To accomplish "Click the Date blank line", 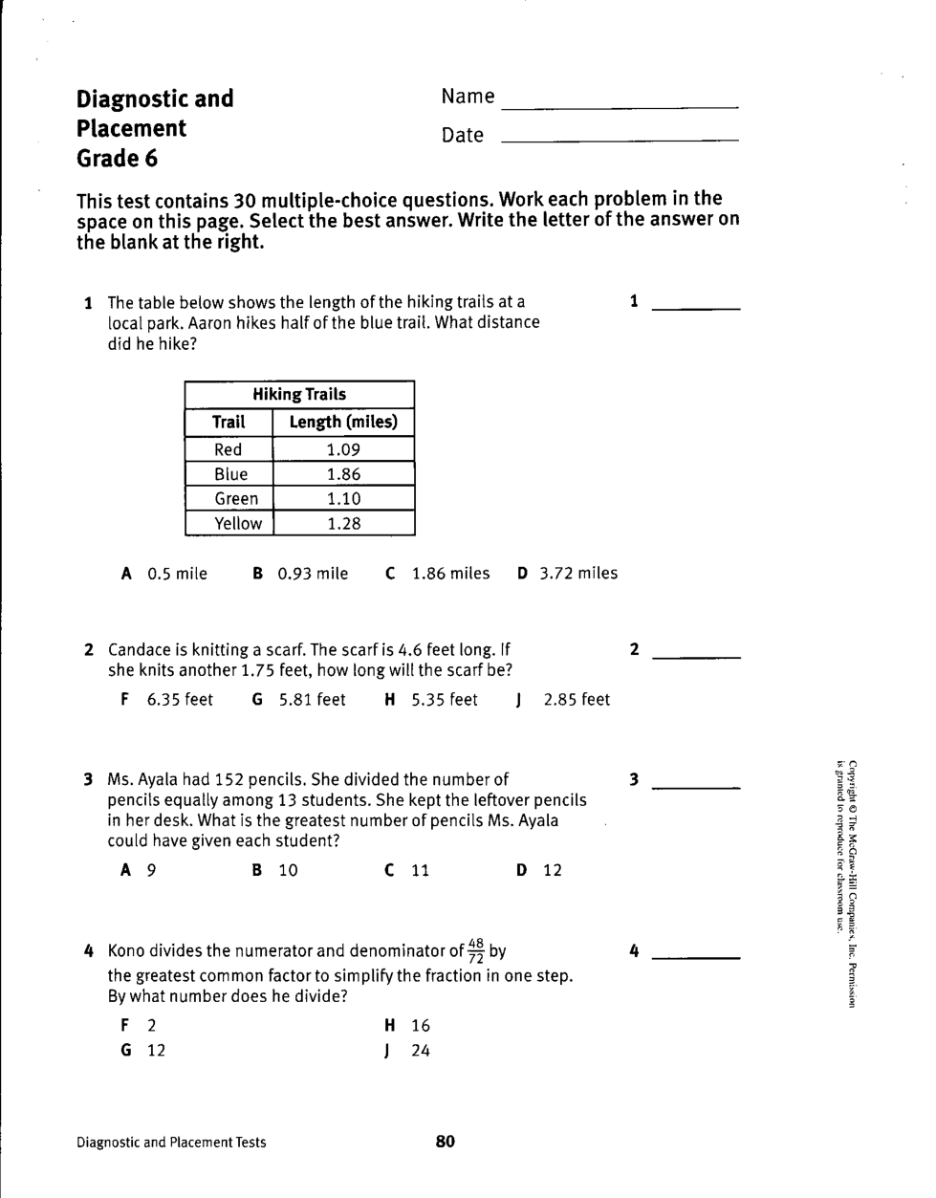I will click(620, 141).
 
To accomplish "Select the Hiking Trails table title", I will click(299, 394).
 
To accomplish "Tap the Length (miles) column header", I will click(343, 422).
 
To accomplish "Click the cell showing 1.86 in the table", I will click(343, 474).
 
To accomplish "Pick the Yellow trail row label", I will click(237, 524).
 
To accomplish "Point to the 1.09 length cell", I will click(343, 449).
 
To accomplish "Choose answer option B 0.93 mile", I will click(301, 574).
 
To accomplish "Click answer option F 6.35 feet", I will click(167, 700).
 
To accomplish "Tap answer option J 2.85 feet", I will click(563, 700).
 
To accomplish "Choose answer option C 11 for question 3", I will click(407, 870).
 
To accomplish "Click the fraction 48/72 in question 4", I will click(476, 951).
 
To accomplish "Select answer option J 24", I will click(408, 1051).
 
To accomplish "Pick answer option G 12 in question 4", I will click(144, 1051).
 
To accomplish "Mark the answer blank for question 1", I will click(695, 307).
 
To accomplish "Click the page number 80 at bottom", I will click(446, 1141).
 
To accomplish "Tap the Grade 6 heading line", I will click(117, 159).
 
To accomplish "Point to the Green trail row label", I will click(235, 499).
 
